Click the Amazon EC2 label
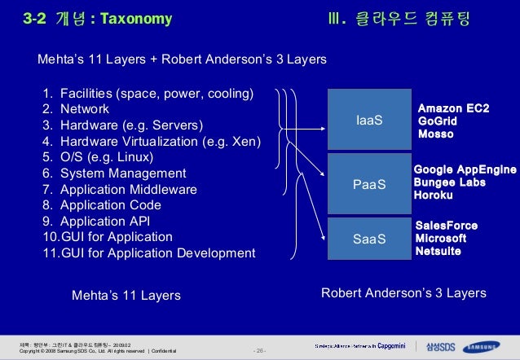(x=453, y=108)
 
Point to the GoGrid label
(x=436, y=121)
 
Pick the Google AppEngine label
(x=465, y=169)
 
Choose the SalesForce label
(x=447, y=226)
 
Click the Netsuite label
(x=438, y=252)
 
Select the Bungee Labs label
(x=449, y=182)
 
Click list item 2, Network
(x=85, y=108)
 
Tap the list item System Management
(x=123, y=173)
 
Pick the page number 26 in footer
(x=260, y=351)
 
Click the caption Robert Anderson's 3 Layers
(x=403, y=293)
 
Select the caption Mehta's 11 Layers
(x=126, y=294)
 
